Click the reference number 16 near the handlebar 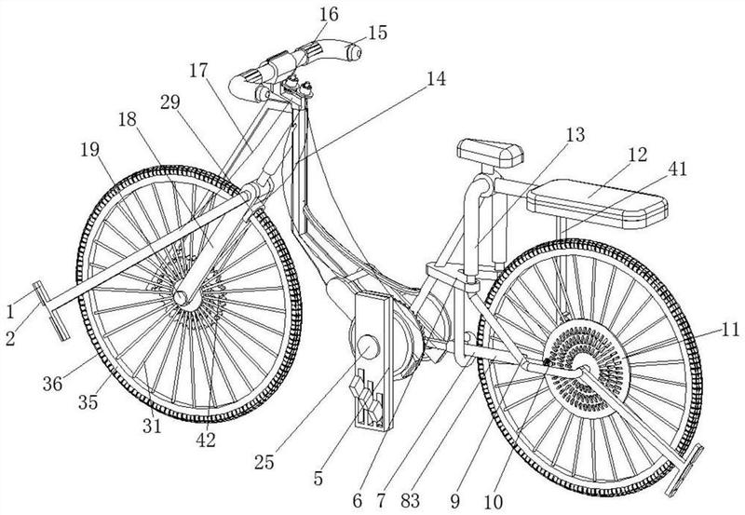click(329, 14)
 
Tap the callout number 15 click(378, 33)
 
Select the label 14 click(436, 79)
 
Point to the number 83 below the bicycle click(410, 500)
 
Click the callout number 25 click(264, 462)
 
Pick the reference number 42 click(205, 440)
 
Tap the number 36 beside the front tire click(52, 384)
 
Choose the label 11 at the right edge click(729, 330)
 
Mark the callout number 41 click(677, 169)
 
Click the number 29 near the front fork click(170, 102)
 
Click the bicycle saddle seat click(491, 152)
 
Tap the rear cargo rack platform click(597, 203)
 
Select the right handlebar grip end click(354, 52)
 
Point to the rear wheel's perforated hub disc click(586, 366)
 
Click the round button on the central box click(368, 346)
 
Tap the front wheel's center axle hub click(181, 298)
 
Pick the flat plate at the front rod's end click(51, 311)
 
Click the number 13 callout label click(575, 135)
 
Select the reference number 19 click(89, 150)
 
